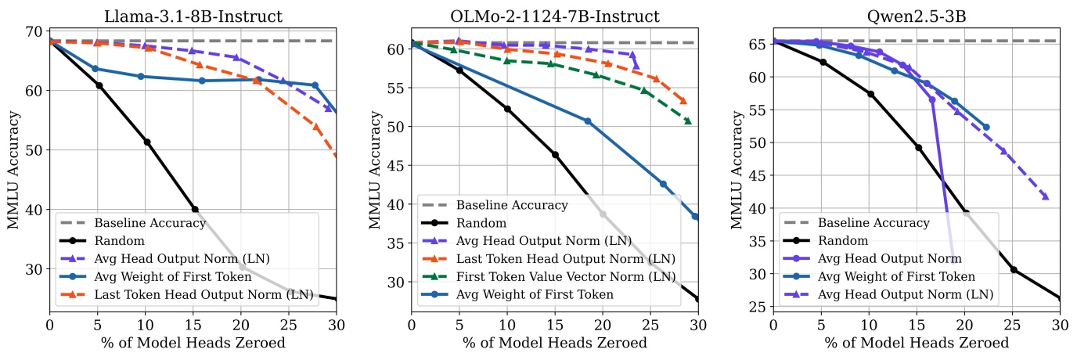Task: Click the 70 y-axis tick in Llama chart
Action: [x=35, y=31]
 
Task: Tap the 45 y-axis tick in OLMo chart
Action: [x=397, y=165]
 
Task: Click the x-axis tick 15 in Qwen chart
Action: [x=917, y=322]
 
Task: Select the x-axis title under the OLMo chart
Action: [x=555, y=342]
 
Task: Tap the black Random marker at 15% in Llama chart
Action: [x=194, y=209]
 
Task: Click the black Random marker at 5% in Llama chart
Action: [x=99, y=85]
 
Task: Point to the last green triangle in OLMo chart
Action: [x=688, y=121]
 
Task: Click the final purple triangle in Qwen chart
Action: [x=1045, y=196]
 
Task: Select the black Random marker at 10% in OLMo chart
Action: [x=507, y=109]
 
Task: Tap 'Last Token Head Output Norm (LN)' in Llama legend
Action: [x=203, y=294]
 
